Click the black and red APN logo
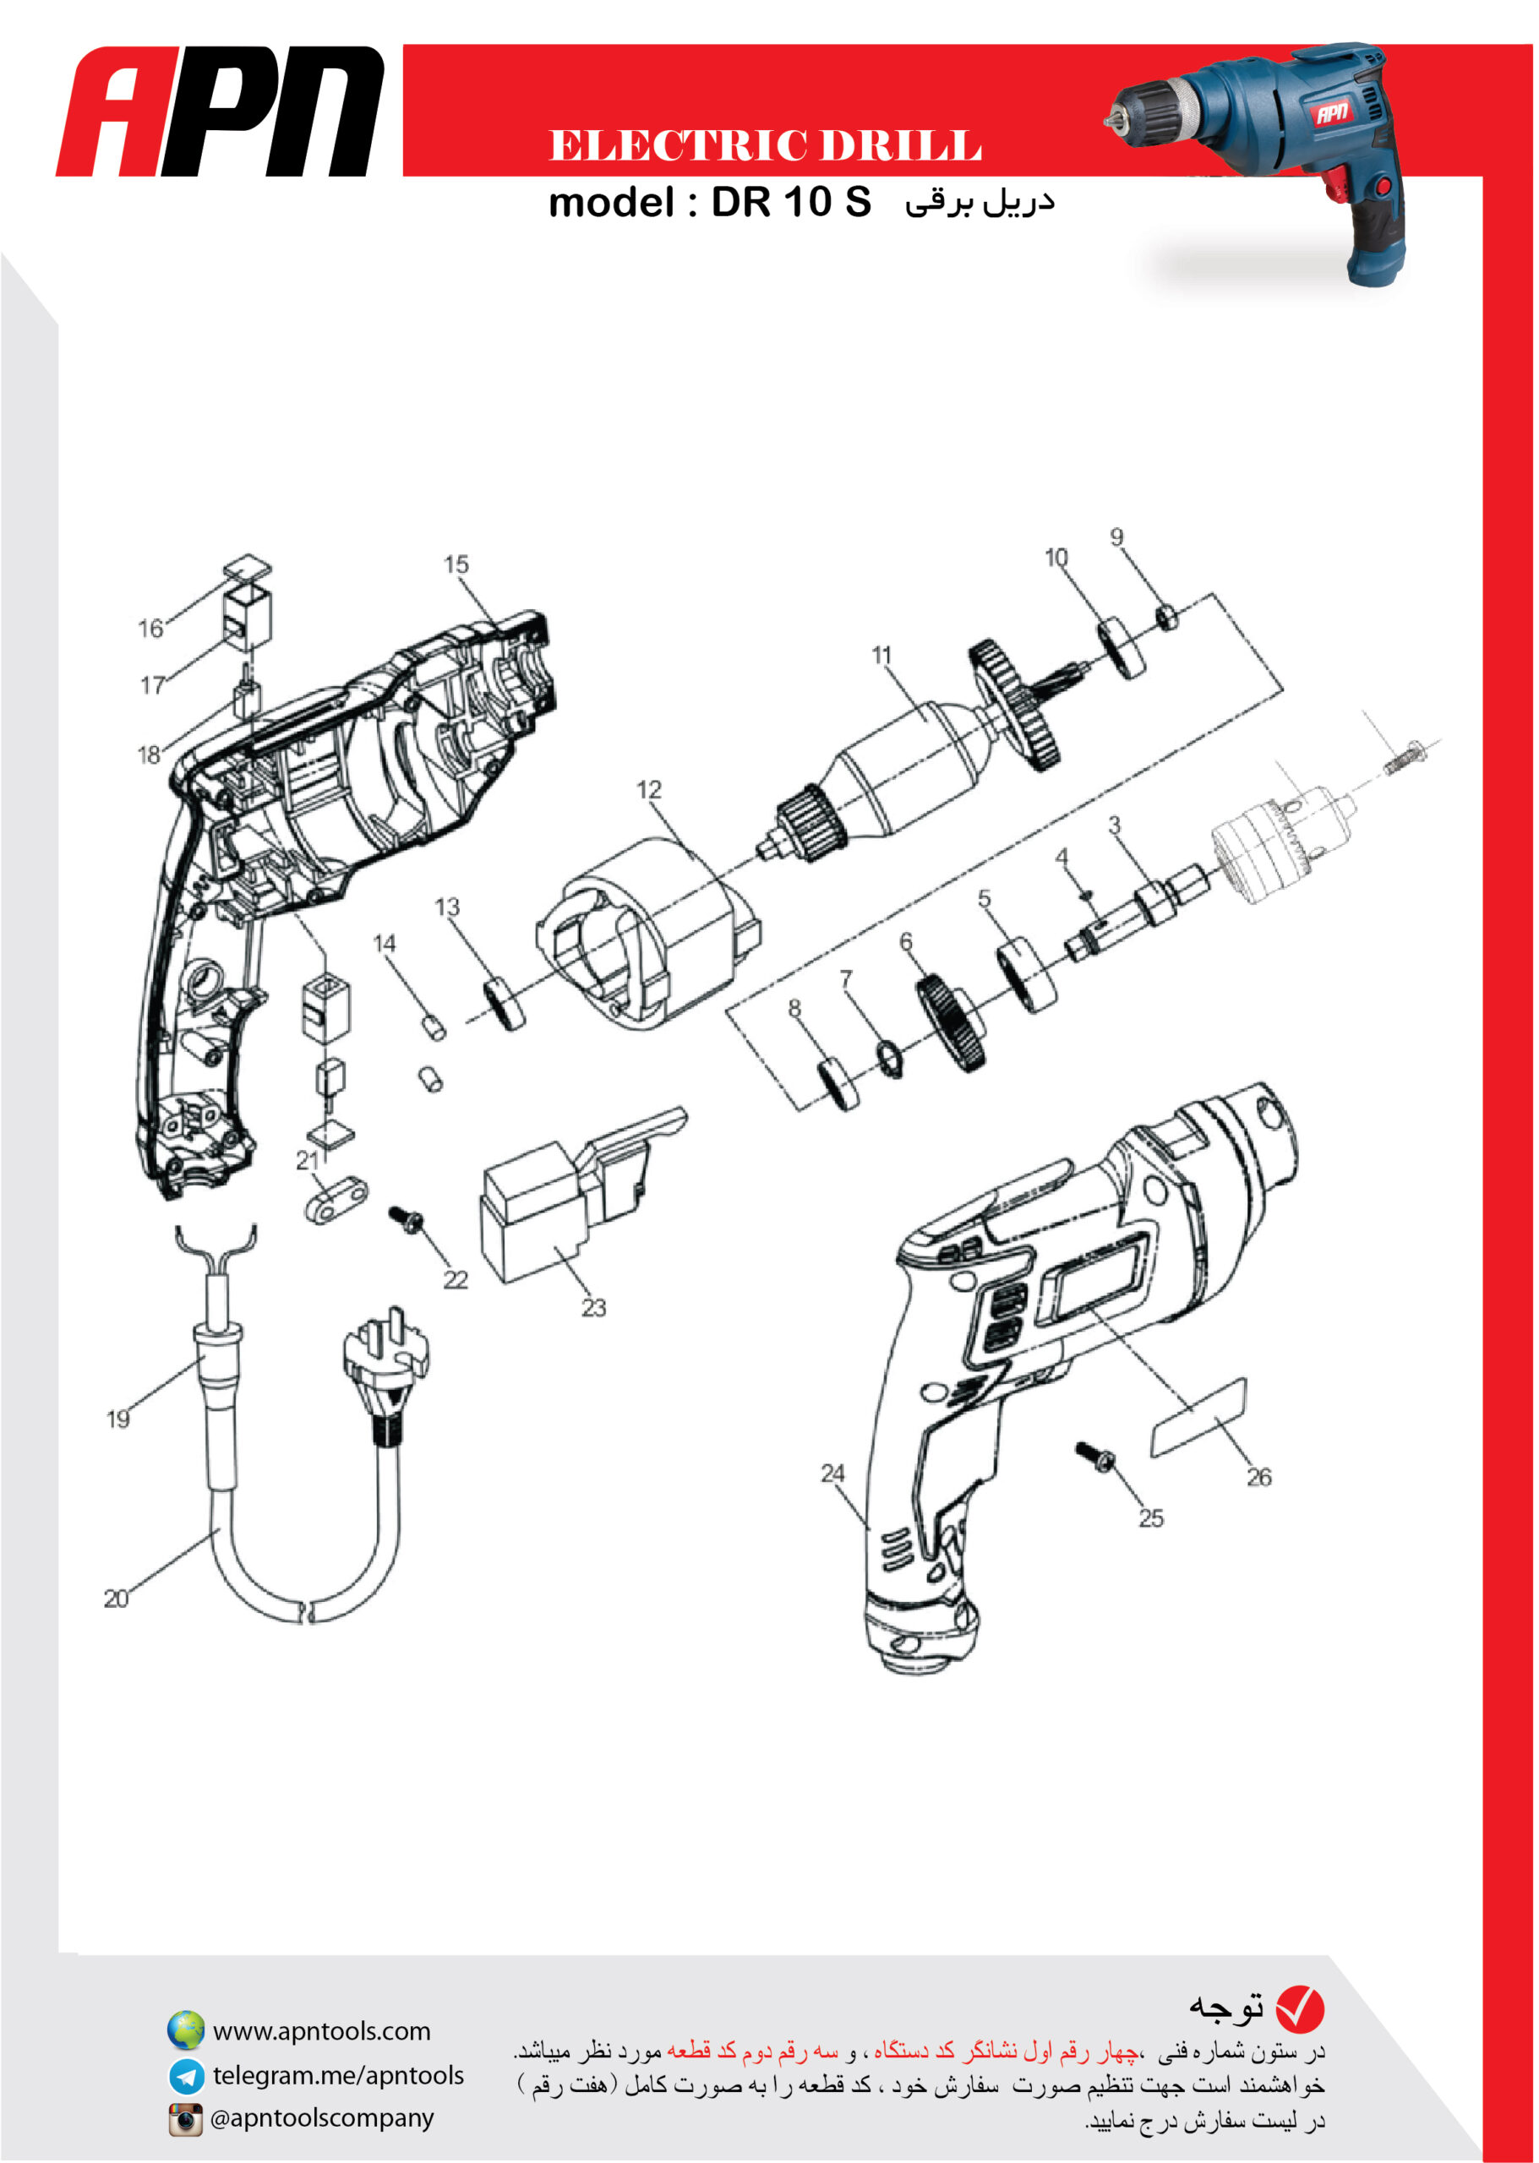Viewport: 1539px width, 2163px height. click(x=221, y=111)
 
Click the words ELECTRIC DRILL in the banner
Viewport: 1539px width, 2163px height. click(x=765, y=146)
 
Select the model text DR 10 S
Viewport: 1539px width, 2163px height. click(x=791, y=202)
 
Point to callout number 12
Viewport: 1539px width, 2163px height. click(x=649, y=789)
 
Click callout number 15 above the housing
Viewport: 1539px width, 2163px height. click(x=456, y=564)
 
